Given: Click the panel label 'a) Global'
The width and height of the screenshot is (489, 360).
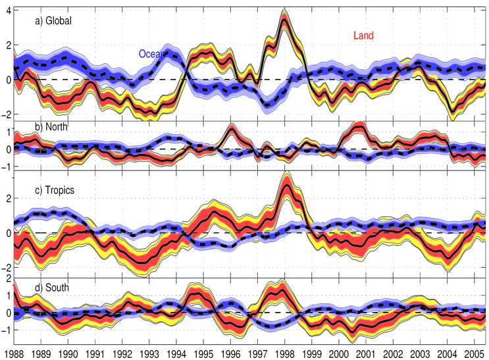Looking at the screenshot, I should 53,20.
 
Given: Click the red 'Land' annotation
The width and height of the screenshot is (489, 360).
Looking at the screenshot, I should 363,36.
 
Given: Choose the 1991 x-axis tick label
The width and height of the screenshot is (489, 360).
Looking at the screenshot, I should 95,353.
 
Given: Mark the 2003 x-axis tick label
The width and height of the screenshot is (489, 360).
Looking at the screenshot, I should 415,353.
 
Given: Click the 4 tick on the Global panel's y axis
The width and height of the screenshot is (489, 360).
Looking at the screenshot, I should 7,10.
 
